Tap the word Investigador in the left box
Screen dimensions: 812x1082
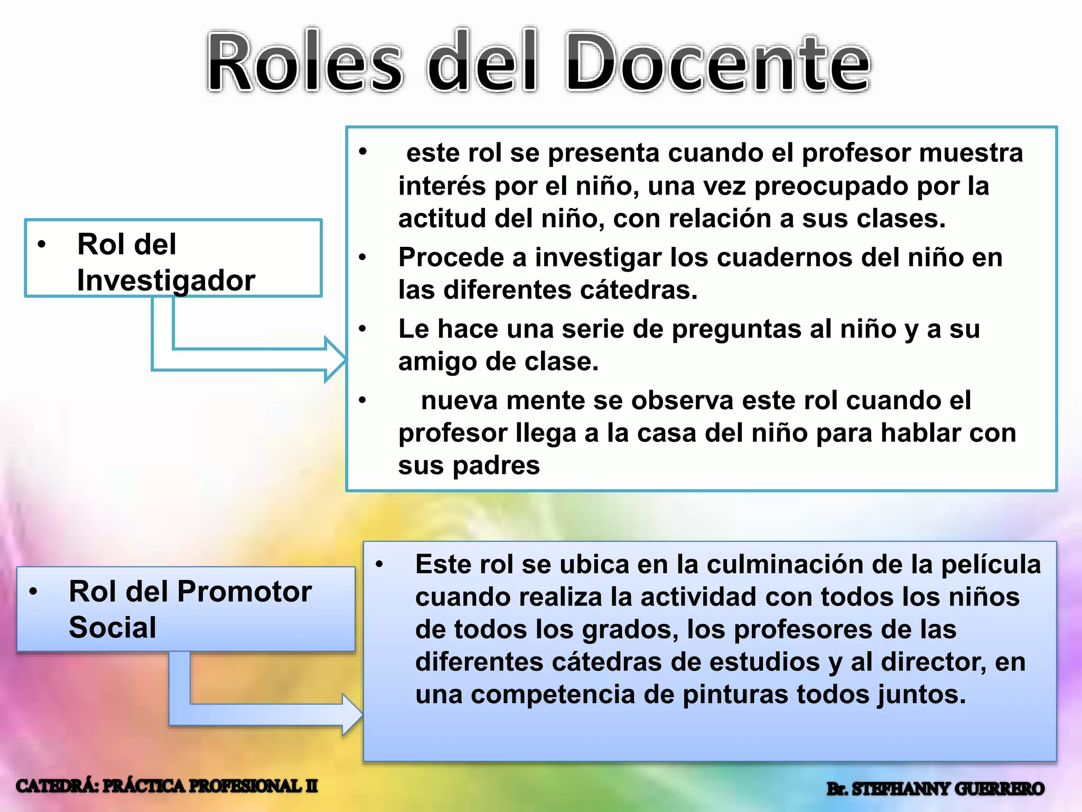pos(166,280)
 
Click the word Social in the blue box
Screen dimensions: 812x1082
pos(113,628)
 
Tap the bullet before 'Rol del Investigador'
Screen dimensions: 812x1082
pos(42,244)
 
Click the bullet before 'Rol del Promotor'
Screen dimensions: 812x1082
pos(33,592)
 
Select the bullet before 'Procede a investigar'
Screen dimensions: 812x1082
pos(362,257)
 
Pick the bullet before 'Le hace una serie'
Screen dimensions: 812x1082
pos(362,329)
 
